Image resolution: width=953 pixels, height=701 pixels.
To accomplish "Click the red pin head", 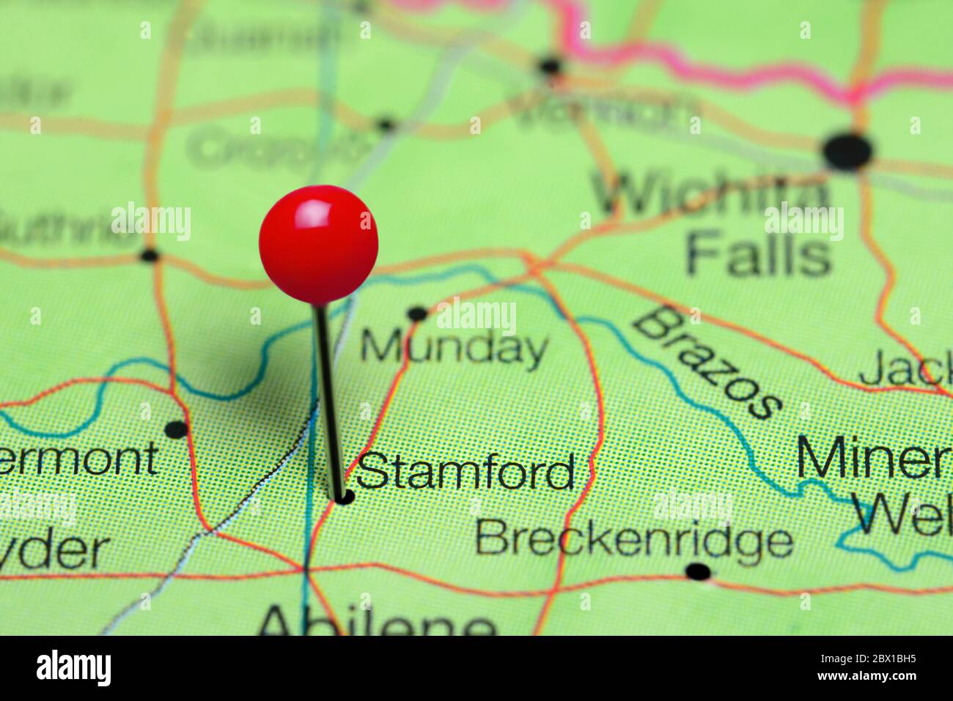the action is click(x=318, y=244).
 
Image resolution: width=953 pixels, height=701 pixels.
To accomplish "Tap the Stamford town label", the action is click(x=466, y=472).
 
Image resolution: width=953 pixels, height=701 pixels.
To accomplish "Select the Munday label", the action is click(x=454, y=347).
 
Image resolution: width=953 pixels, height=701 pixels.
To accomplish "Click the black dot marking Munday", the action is click(x=417, y=314).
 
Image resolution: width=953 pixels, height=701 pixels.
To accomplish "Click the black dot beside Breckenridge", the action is click(x=698, y=571).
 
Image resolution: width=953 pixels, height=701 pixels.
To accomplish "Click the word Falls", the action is click(x=759, y=254).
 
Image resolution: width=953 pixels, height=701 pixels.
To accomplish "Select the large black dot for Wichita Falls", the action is click(x=847, y=151).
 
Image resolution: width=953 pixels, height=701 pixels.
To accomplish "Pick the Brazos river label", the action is click(x=705, y=363).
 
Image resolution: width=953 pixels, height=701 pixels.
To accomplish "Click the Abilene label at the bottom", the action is click(x=377, y=623).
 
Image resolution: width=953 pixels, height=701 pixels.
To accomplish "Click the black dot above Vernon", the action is click(x=550, y=67).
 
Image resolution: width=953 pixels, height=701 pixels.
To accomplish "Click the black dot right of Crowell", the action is click(x=386, y=125).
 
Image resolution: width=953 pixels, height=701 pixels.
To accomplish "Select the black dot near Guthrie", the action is click(x=149, y=256).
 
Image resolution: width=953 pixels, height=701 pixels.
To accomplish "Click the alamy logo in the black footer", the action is click(x=73, y=668).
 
